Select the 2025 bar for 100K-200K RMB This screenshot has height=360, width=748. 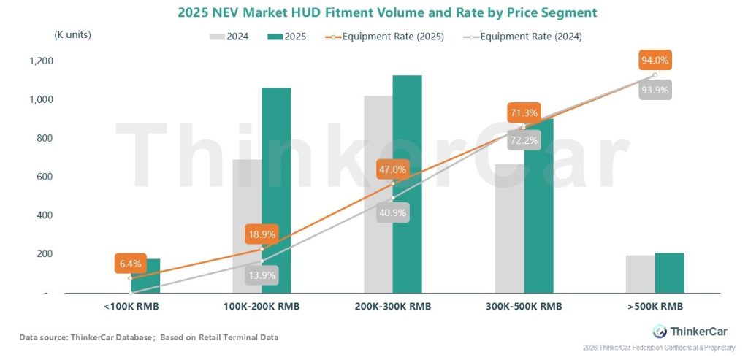(x=276, y=190)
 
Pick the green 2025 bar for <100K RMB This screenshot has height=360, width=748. (x=145, y=275)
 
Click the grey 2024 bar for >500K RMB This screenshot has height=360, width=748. (x=641, y=274)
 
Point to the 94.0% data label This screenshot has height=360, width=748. (x=654, y=60)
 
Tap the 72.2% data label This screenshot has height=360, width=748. (x=524, y=139)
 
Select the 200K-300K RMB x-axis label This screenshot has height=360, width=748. (x=393, y=307)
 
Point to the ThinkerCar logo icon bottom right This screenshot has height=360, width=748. (x=660, y=331)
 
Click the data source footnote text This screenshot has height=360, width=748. (x=148, y=337)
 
